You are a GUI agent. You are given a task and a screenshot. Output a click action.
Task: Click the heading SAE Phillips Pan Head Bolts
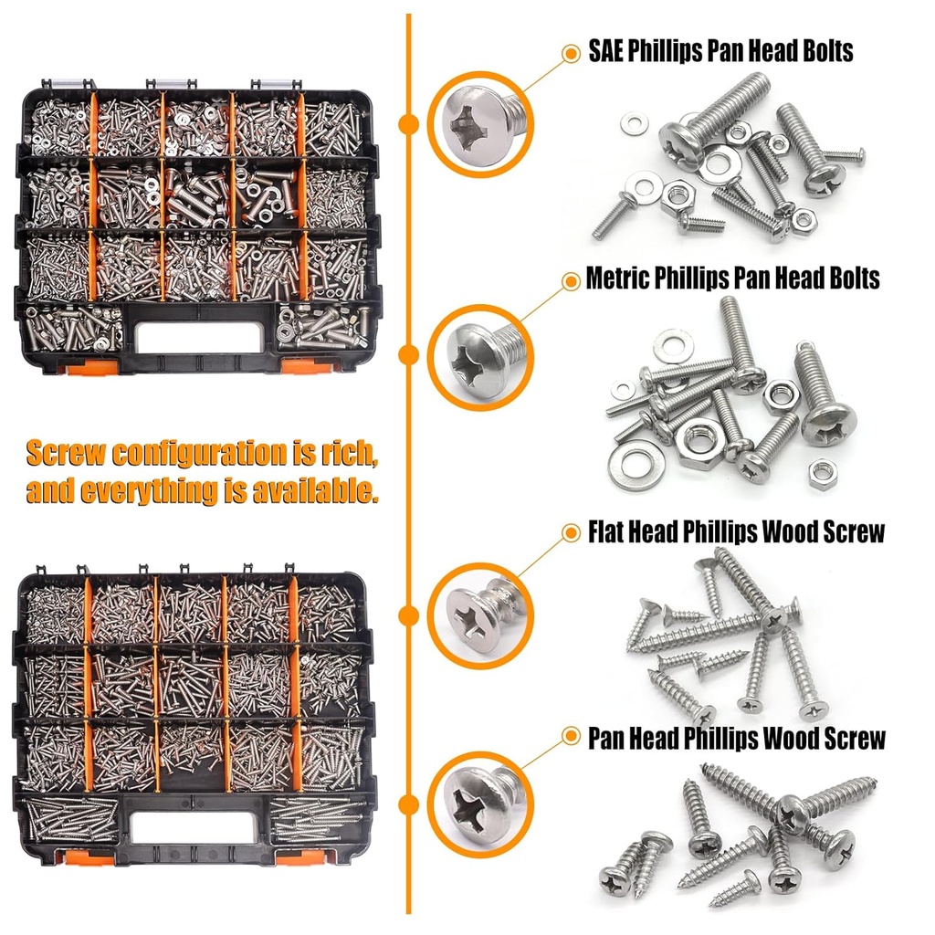click(720, 51)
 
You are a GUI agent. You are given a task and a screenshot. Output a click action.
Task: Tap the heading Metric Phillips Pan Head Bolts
click(732, 278)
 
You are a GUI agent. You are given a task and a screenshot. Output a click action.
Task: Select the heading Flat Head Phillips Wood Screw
click(736, 531)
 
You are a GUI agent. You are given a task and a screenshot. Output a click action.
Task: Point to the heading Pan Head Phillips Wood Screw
click(736, 738)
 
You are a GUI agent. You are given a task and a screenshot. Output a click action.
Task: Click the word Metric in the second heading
click(618, 278)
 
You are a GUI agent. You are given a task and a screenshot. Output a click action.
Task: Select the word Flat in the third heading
click(608, 531)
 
